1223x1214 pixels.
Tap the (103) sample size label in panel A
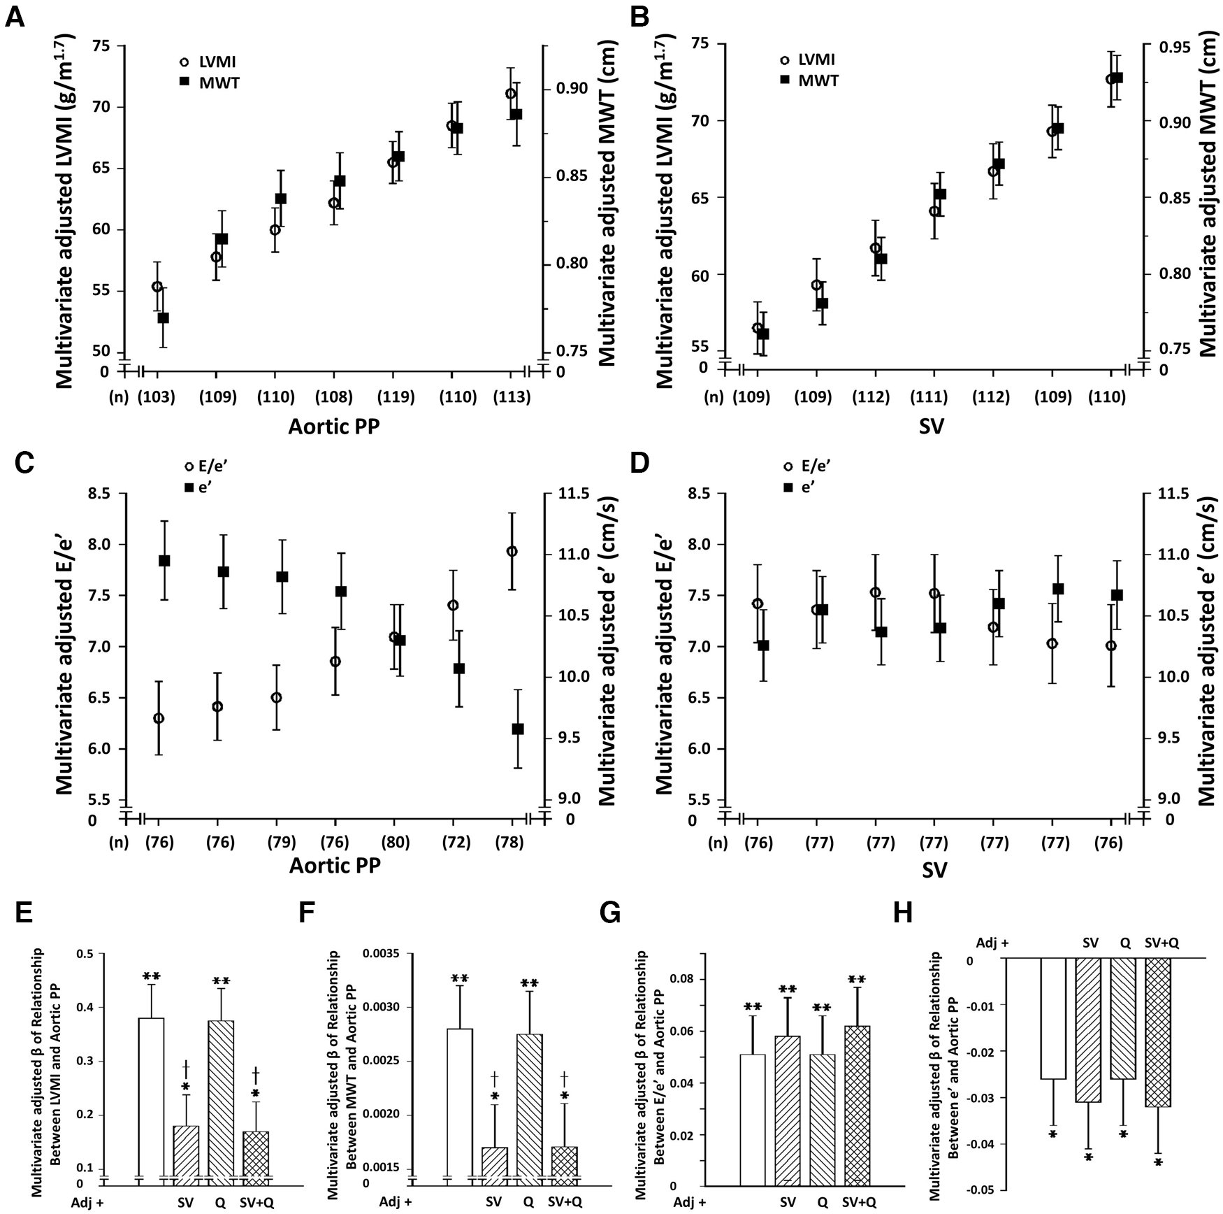pyautogui.click(x=157, y=397)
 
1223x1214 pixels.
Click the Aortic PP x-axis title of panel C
pyautogui.click(x=335, y=865)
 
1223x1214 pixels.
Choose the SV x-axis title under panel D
pyautogui.click(x=934, y=869)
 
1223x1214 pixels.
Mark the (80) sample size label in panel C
pyautogui.click(x=393, y=842)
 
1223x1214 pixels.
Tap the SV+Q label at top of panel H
pyautogui.click(x=1162, y=943)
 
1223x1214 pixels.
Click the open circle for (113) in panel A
pyautogui.click(x=510, y=94)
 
